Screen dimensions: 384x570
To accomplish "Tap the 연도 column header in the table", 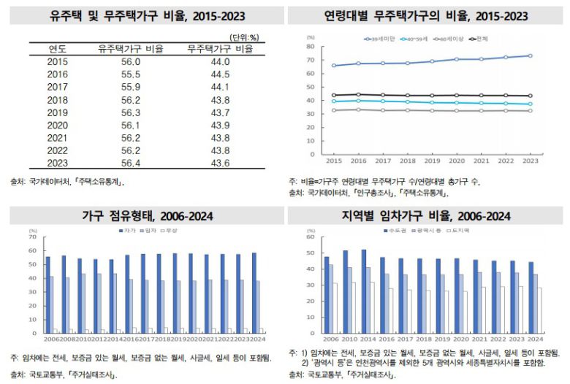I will (x=57, y=50).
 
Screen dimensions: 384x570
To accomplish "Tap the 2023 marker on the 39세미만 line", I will (x=530, y=56).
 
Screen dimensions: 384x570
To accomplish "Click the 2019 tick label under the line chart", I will (x=432, y=161).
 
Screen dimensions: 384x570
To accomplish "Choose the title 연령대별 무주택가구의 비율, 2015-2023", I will (x=427, y=15).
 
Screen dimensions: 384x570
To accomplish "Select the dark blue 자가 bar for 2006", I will (x=48, y=294).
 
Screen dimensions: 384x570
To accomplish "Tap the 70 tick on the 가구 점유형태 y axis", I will (x=32, y=237).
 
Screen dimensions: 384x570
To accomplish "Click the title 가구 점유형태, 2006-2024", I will (x=142, y=216).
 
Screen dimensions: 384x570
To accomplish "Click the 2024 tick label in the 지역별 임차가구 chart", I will (x=535, y=339).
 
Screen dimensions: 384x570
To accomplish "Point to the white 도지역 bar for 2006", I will (x=335, y=307).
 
